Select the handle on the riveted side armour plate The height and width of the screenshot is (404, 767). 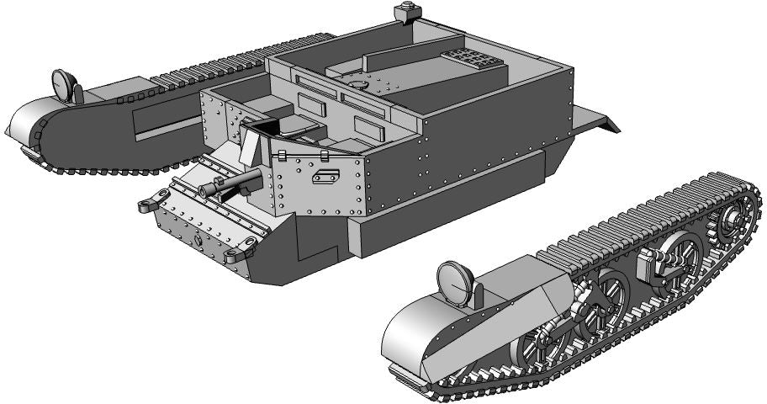(324, 177)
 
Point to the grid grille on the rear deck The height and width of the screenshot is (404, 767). (470, 62)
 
